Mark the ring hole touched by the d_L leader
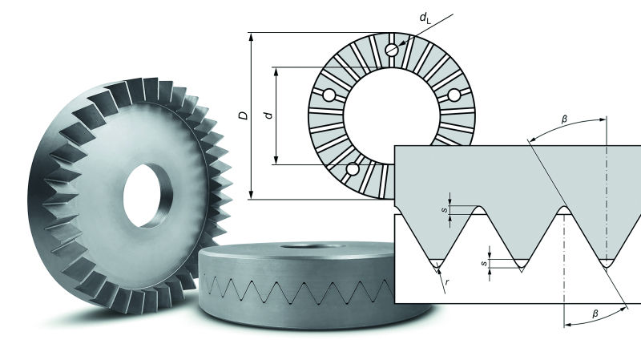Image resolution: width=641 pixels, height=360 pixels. (391, 50)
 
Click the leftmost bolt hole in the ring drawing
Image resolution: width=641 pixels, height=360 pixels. (329, 95)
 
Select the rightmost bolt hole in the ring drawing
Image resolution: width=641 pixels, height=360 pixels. (454, 95)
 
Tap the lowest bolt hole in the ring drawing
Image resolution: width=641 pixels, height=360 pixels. (351, 169)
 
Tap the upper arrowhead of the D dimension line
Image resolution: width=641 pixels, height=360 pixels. (252, 37)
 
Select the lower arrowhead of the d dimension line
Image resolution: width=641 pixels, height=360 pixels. (277, 160)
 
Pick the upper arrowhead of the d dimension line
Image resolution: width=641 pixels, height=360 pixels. (277, 71)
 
